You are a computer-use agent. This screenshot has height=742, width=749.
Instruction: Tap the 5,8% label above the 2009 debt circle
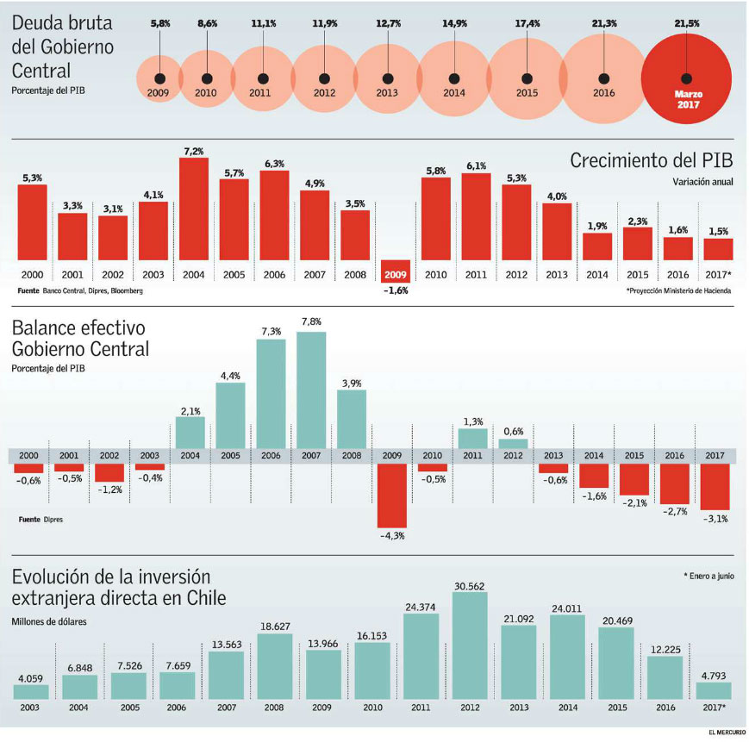tap(159, 23)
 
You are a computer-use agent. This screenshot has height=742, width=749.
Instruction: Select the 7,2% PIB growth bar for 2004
tap(193, 209)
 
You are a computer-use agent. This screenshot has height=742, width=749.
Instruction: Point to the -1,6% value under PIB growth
tap(395, 290)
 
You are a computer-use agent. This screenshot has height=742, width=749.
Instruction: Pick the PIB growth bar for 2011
tap(476, 216)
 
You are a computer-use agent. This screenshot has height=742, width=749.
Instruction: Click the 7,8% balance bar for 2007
tap(311, 390)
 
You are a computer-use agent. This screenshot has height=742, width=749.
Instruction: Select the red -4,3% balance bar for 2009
tap(392, 496)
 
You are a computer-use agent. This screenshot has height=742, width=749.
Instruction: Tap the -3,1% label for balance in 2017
tap(715, 518)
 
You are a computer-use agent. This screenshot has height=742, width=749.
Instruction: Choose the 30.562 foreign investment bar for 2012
tap(470, 645)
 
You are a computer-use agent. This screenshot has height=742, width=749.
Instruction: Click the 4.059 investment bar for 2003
tap(31, 691)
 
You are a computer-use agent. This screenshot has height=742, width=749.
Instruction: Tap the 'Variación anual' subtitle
tap(703, 182)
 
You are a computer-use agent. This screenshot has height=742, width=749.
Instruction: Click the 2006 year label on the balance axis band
tap(272, 456)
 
